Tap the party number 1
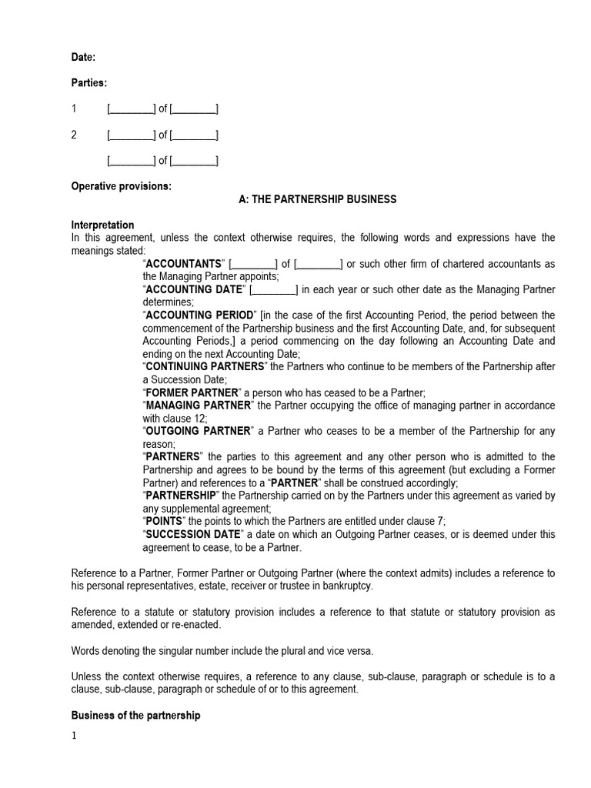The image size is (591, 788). coord(75,109)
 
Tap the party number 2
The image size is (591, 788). coord(75,135)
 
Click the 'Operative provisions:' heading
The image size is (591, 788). coord(122,186)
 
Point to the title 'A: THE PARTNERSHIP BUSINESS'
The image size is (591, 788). coord(318,199)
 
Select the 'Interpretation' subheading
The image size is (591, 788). coord(102,225)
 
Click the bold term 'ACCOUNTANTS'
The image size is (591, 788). coord(184,264)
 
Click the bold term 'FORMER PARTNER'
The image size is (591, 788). coord(188,393)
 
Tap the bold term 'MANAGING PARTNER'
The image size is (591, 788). coord(197,406)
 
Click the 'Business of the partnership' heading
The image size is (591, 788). coord(135,715)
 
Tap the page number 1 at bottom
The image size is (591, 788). coord(75,736)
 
